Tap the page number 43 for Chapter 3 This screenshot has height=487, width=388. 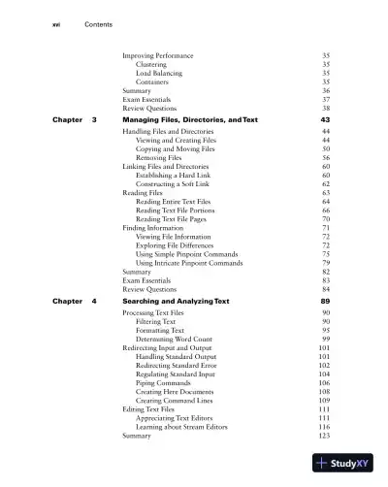pyautogui.click(x=325, y=118)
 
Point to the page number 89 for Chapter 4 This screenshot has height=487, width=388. pyautogui.click(x=325, y=302)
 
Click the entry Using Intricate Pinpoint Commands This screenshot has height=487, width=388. pyautogui.click(x=191, y=263)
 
